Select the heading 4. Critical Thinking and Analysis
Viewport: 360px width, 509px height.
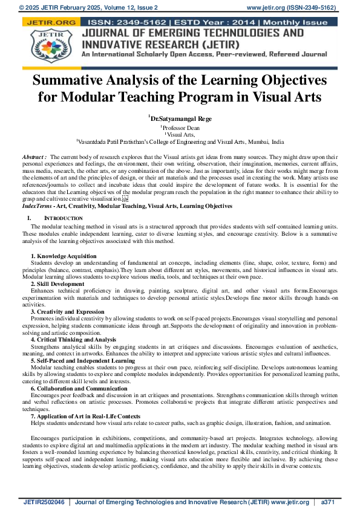pos(73,340)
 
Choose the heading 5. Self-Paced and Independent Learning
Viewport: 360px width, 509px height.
pos(83,361)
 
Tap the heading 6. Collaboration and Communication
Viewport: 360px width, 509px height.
pos(79,388)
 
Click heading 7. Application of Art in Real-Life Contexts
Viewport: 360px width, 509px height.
pos(85,416)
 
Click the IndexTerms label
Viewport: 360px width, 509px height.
pos(38,207)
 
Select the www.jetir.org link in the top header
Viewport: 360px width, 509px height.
pos(268,7)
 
